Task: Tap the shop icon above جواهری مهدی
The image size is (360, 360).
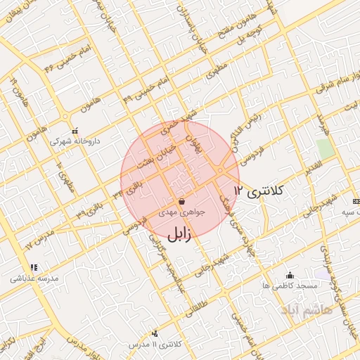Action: click(182, 202)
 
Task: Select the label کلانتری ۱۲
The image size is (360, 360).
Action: click(259, 190)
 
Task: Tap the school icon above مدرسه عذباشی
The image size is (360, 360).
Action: click(33, 267)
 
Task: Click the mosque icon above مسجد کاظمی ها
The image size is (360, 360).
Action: click(290, 275)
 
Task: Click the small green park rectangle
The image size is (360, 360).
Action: click(324, 149)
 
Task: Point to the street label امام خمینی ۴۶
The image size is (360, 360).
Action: click(60, 60)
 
